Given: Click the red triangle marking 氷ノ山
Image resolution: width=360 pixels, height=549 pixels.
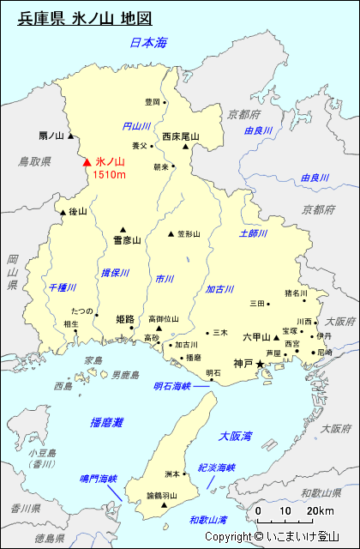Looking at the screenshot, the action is click(x=86, y=161).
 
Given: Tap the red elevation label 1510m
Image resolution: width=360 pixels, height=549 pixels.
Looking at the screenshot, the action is click(x=110, y=175).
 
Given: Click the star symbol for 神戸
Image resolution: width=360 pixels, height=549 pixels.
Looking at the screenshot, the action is click(x=261, y=365).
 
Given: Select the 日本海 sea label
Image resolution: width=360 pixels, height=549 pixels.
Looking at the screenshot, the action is click(x=147, y=42).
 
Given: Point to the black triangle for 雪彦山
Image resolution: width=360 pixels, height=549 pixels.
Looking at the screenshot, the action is click(x=123, y=229).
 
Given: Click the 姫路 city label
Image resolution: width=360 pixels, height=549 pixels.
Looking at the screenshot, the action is click(x=125, y=319).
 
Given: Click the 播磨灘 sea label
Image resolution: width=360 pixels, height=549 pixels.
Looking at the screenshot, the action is click(x=106, y=422).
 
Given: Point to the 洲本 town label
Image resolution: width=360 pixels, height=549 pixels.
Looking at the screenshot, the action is click(x=171, y=474).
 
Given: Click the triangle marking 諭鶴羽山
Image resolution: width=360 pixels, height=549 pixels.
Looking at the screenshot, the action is click(x=164, y=506).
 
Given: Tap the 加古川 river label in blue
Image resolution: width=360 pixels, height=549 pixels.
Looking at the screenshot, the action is click(x=219, y=290).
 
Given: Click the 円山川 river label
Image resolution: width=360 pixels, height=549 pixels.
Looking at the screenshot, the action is click(x=136, y=126).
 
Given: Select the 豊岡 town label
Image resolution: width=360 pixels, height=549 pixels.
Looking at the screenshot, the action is click(x=153, y=102).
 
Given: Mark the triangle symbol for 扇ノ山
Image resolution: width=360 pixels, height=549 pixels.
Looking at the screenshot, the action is click(x=71, y=136).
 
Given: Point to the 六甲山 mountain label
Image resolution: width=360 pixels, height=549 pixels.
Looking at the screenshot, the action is click(x=257, y=337).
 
